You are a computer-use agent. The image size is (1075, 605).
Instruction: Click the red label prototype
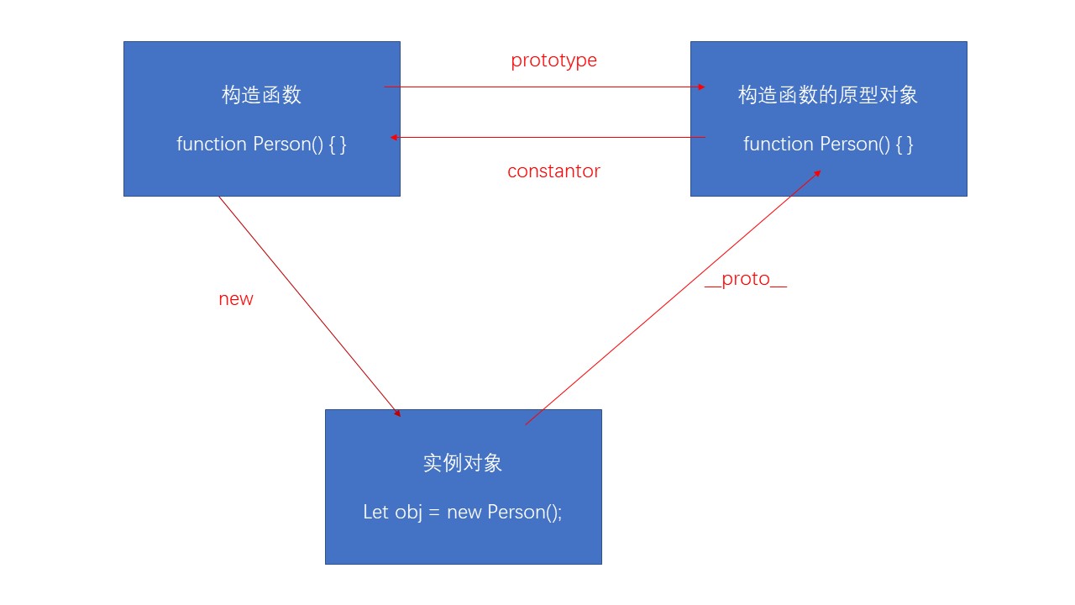[553, 60]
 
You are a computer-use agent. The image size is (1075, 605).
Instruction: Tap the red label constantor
[553, 171]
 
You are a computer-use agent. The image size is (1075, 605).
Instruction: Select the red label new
[235, 299]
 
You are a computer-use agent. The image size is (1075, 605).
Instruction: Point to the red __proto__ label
[745, 280]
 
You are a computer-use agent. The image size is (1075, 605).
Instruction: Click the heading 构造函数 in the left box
[261, 95]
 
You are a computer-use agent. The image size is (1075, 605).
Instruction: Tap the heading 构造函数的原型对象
[828, 95]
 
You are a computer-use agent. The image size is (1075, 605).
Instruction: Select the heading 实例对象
[463, 463]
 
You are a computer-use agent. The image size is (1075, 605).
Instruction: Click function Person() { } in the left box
[261, 144]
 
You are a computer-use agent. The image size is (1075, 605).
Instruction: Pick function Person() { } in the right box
[828, 144]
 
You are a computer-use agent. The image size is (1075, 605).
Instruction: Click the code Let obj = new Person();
[463, 512]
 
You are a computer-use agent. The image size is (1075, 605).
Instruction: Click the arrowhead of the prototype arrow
[701, 87]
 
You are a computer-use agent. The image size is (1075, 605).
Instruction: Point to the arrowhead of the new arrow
[396, 413]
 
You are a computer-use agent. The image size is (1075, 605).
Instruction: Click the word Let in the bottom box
[375, 512]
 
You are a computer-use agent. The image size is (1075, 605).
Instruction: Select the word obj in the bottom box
[408, 512]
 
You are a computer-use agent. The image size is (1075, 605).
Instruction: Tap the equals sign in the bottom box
[434, 513]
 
